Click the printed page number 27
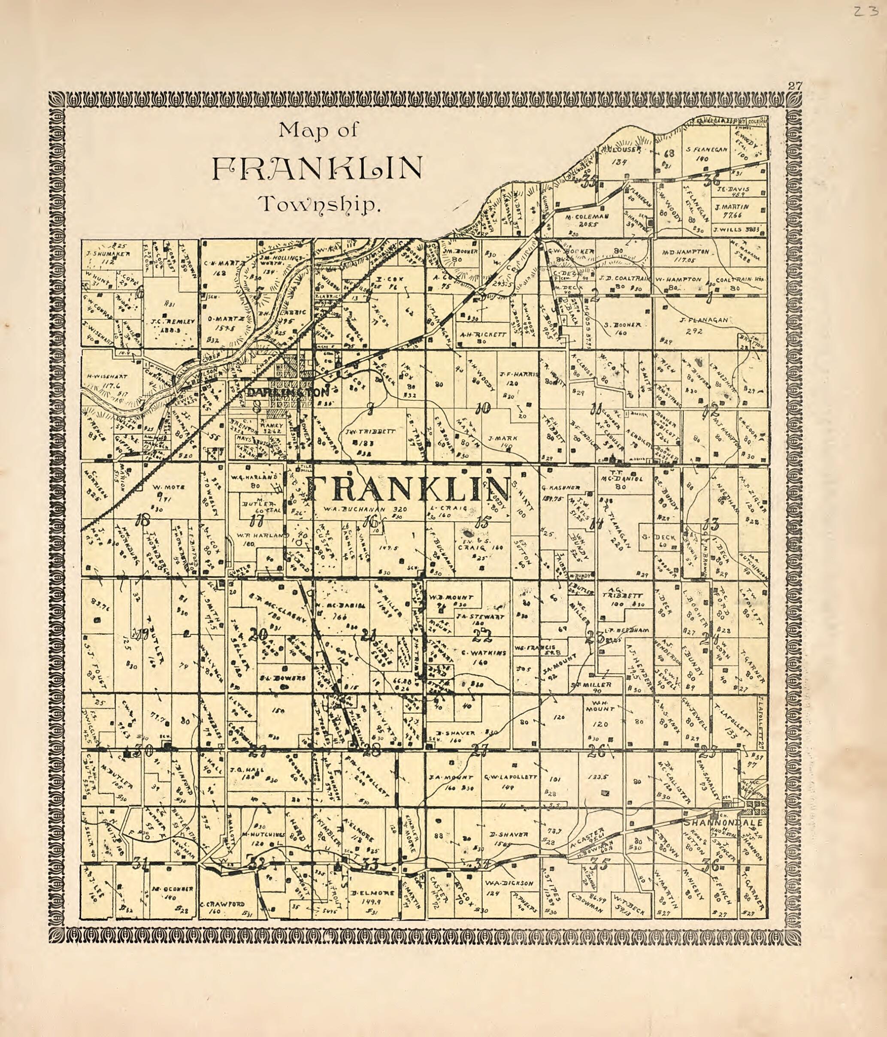pos(795,85)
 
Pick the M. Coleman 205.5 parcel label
pos(587,220)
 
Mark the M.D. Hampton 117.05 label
pos(685,255)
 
